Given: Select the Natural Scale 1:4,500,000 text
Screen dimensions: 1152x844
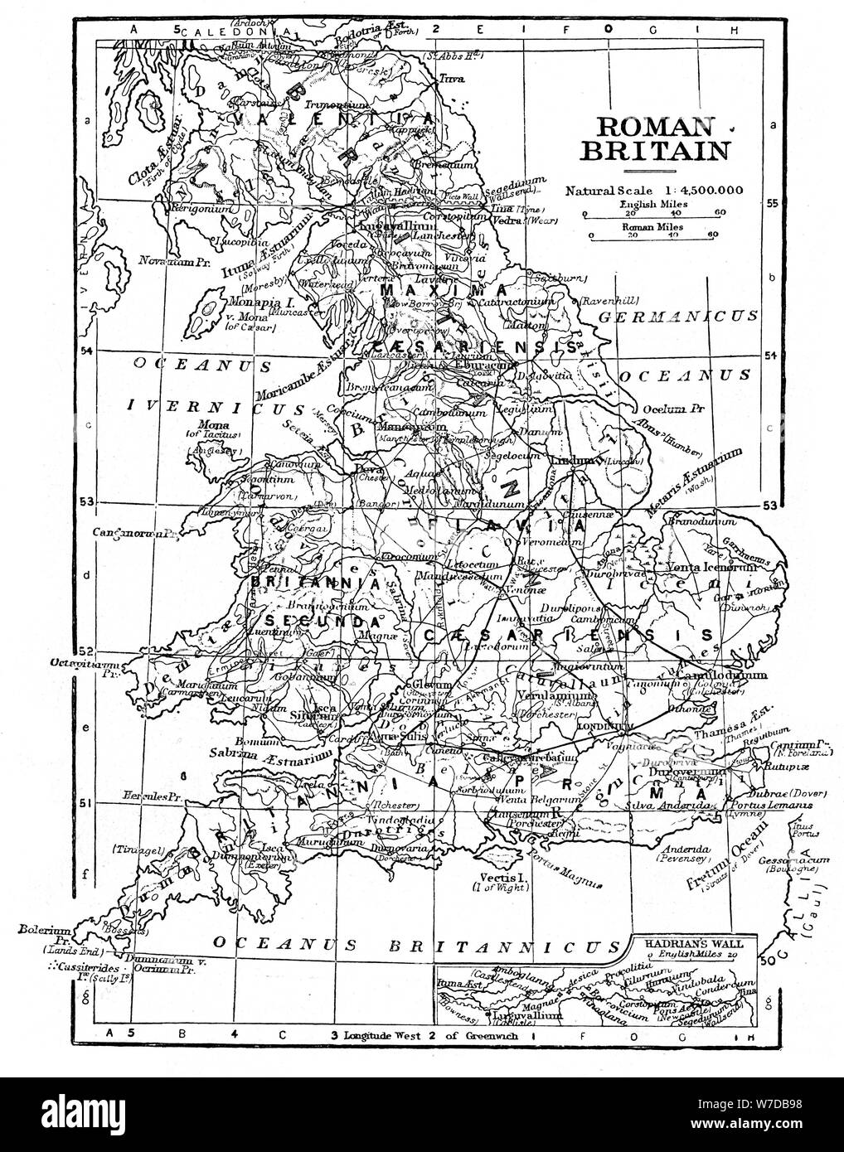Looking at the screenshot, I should pos(654,190).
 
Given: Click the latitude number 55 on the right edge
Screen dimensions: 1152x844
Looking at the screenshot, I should pos(770,202).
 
